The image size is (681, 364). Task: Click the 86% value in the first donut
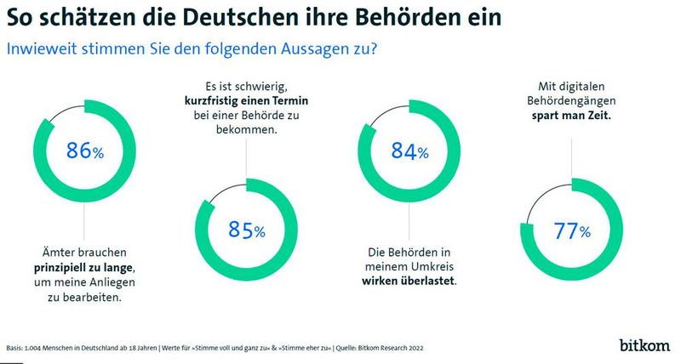point(84,152)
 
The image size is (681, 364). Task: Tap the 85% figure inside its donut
point(247,230)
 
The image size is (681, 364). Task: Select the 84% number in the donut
point(409,152)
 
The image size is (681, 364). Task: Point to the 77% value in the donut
point(572,230)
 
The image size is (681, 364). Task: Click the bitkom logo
point(644,345)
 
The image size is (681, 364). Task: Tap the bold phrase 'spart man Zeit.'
point(572,114)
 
